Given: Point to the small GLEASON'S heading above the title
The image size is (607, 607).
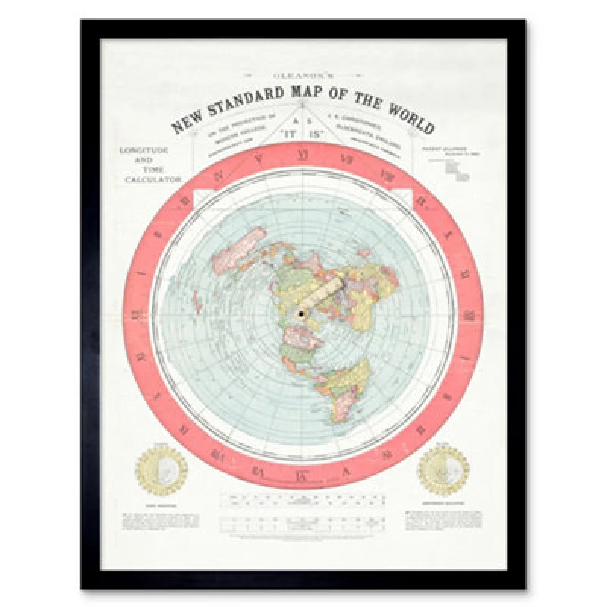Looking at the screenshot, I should [x=303, y=75].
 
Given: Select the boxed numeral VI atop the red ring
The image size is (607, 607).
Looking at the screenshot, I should [x=303, y=157].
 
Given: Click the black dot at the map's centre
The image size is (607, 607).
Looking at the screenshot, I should [x=302, y=313].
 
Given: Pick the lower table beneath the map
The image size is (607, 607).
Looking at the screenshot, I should [x=303, y=523].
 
